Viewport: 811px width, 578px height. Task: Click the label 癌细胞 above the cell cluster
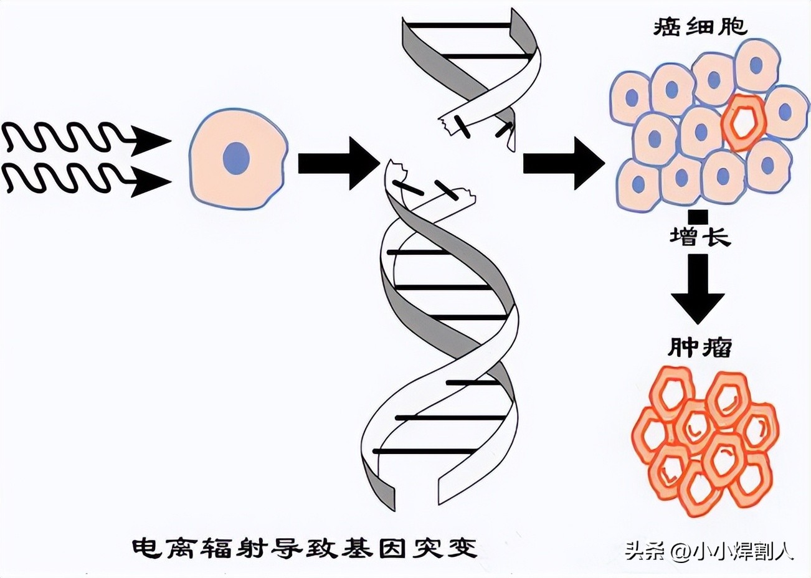(x=700, y=27)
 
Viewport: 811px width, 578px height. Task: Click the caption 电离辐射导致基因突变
(x=305, y=548)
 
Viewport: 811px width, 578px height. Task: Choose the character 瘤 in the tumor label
(x=716, y=348)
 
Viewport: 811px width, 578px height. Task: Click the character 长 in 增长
(x=715, y=237)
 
